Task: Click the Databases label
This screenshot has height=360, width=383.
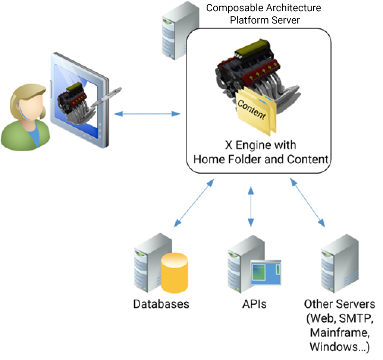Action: (161, 304)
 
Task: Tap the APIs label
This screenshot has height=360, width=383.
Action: (254, 304)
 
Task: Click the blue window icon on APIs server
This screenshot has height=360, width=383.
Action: (266, 273)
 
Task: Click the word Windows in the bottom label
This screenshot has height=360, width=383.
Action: (335, 347)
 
